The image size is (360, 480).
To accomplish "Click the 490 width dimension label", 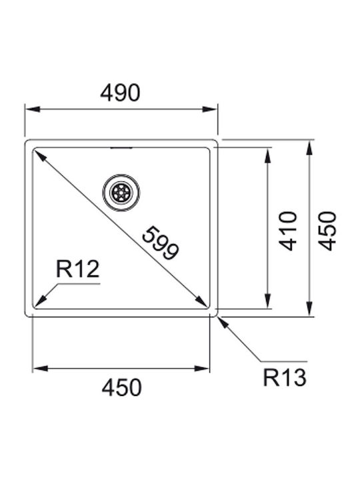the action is [x=120, y=93].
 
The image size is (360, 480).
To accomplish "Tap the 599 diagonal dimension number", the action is [x=160, y=243].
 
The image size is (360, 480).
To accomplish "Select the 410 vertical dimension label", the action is [x=288, y=231].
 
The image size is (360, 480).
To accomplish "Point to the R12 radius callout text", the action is [x=78, y=269].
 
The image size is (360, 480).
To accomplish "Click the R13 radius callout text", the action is [x=285, y=378].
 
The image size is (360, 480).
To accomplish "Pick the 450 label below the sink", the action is [x=122, y=387].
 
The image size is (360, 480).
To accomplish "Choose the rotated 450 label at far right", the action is [x=327, y=231].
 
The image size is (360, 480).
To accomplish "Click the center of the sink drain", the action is [x=121, y=193].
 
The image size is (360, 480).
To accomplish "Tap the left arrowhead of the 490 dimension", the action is [x=33, y=109].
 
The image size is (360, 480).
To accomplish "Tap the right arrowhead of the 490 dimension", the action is [x=210, y=109].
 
